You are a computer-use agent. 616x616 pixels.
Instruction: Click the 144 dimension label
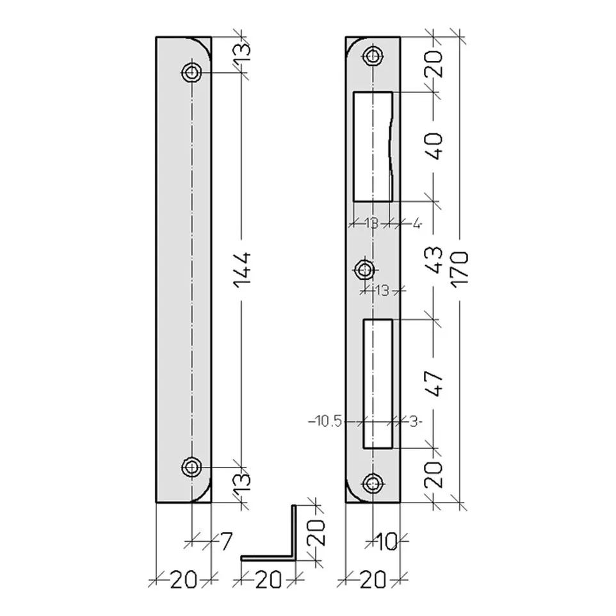point(242,270)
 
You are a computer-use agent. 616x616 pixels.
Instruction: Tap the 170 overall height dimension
point(460,270)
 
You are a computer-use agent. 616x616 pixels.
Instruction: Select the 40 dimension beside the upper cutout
point(434,146)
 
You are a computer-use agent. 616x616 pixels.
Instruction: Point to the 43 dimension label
point(434,260)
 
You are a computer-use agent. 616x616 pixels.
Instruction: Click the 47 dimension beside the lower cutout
point(434,384)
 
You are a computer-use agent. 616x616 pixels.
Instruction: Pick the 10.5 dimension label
point(325,422)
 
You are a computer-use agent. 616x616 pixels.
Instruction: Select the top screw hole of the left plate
point(191,73)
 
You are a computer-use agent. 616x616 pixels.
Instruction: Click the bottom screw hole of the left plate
point(191,467)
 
